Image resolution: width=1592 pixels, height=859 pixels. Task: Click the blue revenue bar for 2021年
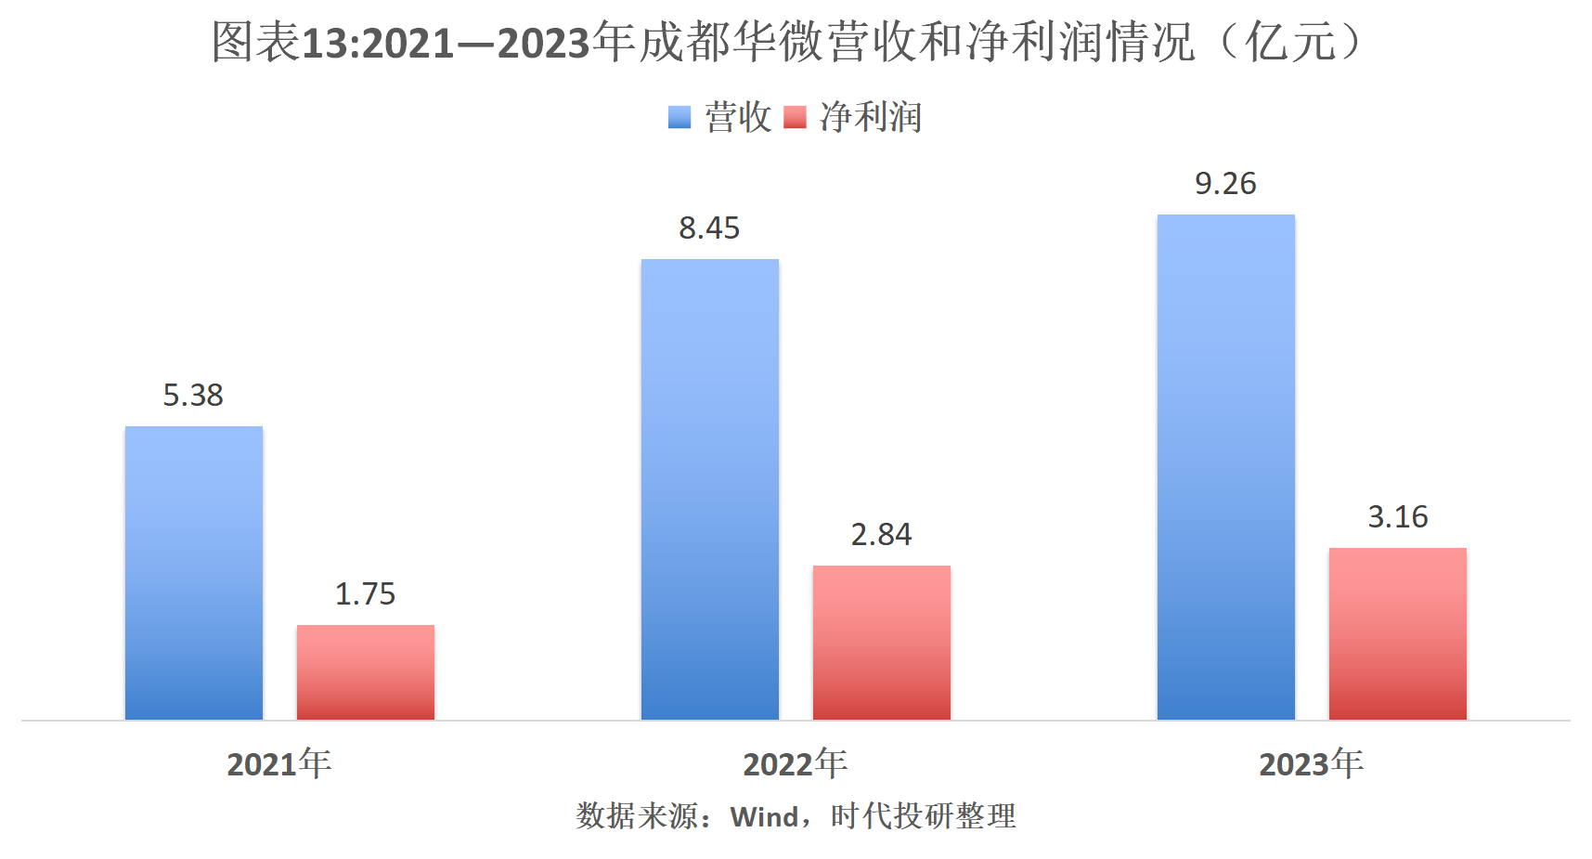(194, 572)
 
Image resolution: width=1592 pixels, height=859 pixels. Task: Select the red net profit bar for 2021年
(366, 671)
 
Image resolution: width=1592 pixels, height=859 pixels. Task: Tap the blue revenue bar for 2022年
(710, 488)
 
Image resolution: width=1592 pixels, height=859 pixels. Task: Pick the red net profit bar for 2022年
(882, 642)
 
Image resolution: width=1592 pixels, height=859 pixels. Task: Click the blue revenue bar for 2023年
(1225, 466)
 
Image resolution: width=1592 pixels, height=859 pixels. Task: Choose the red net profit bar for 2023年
(1397, 633)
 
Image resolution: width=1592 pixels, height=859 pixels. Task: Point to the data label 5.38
(193, 396)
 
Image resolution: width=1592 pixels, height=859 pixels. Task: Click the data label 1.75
(365, 594)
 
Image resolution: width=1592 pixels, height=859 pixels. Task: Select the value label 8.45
(709, 228)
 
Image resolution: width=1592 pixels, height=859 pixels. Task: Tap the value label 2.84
(881, 535)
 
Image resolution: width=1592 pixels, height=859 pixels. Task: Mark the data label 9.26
(1225, 184)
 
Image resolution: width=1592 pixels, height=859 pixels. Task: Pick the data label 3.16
(1397, 517)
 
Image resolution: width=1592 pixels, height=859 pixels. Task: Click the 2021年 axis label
(278, 764)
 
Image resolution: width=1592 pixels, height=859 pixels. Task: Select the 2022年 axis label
(795, 764)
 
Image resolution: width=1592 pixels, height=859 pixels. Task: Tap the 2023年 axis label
(1311, 764)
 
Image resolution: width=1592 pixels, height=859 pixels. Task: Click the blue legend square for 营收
(680, 117)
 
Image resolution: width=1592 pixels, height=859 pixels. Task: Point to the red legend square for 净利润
(795, 117)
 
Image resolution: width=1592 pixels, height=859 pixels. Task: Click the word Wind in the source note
(764, 817)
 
